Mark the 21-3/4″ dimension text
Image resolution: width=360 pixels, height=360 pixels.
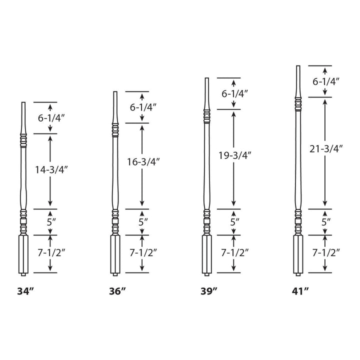326,148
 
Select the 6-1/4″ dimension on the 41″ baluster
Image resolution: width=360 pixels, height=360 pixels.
326,81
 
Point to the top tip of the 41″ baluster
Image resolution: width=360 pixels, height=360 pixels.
298,66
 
